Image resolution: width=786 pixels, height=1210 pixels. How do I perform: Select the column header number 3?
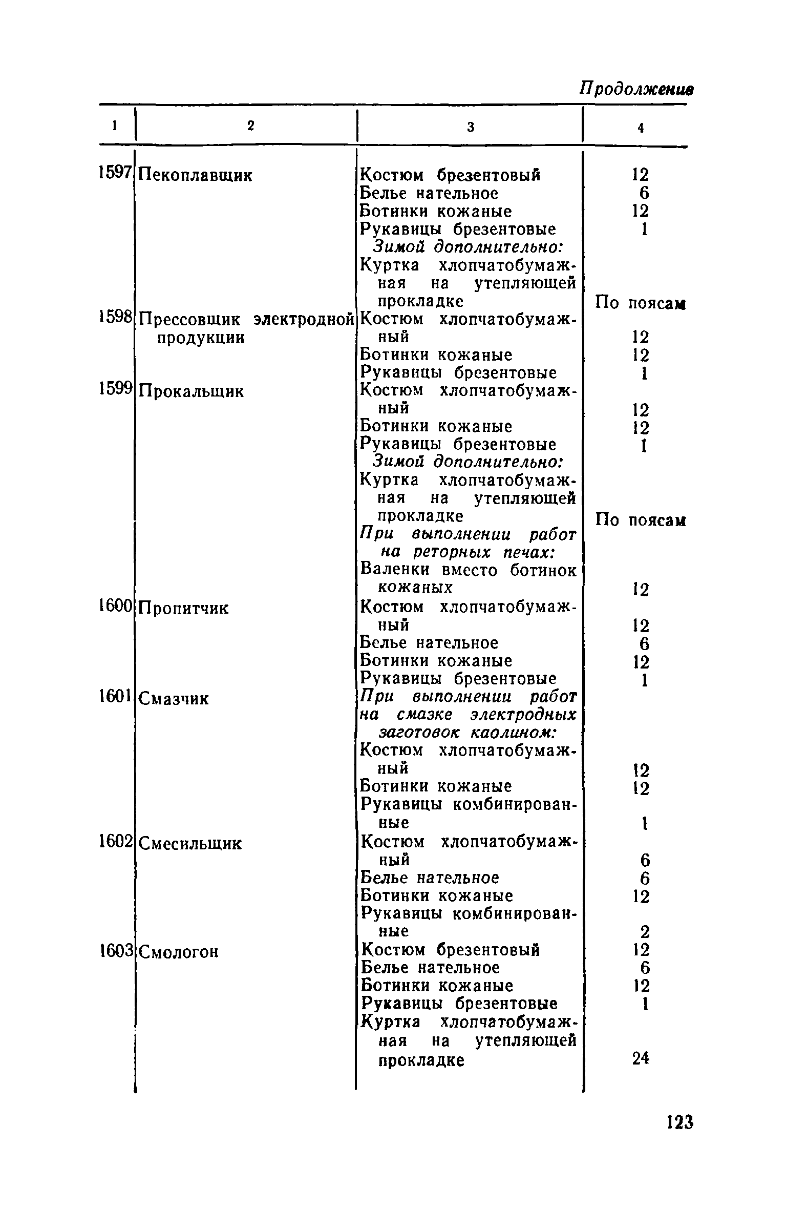click(471, 127)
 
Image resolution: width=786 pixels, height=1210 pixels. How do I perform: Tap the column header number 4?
click(640, 128)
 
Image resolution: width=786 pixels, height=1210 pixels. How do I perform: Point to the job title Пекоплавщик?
click(196, 176)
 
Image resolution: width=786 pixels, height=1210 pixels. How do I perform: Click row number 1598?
click(116, 318)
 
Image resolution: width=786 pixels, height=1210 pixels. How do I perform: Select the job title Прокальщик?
click(192, 392)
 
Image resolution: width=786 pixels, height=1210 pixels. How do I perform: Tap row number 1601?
click(116, 697)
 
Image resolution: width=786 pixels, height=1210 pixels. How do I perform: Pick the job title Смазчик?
click(174, 699)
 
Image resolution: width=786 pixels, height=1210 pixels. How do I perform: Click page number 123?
click(680, 1122)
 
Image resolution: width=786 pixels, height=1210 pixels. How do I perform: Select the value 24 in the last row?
click(640, 1058)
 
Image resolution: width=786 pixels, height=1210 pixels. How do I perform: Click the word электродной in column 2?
click(304, 319)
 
